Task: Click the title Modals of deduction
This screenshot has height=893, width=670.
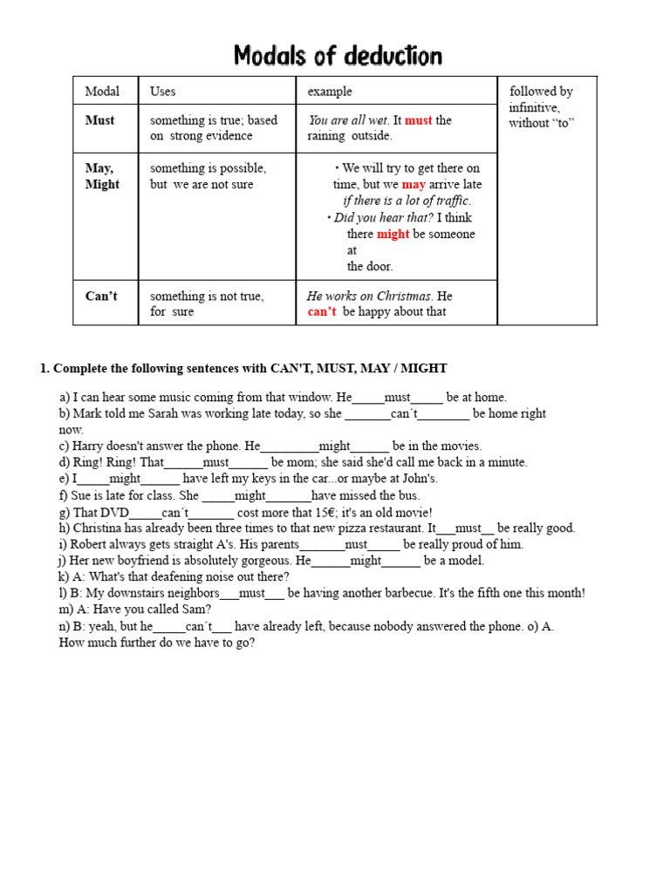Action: point(338,57)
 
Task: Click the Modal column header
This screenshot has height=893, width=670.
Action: point(102,91)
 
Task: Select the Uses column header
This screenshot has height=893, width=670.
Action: point(162,91)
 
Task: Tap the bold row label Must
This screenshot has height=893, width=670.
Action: point(99,120)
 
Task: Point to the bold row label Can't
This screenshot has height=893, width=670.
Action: point(101,296)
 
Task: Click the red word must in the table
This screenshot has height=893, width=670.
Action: point(418,120)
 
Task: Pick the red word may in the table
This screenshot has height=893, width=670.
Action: point(414,185)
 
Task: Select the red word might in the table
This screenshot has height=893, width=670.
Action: point(393,234)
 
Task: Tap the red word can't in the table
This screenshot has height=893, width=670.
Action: point(321,312)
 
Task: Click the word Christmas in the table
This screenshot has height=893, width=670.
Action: point(403,296)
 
